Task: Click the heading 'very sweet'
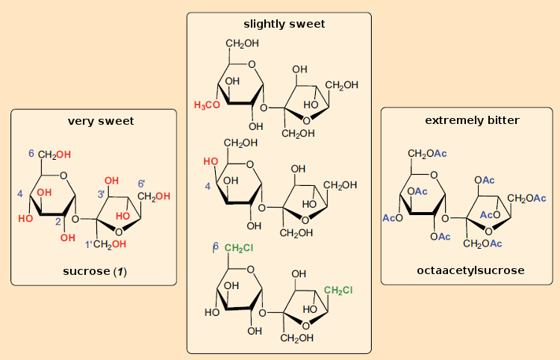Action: click(101, 121)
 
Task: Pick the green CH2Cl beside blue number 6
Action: click(240, 247)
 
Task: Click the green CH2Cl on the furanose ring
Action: click(338, 289)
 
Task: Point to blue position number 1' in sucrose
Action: click(87, 243)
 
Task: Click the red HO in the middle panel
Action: click(211, 161)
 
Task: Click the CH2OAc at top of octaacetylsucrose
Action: click(426, 153)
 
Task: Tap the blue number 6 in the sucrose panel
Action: click(31, 153)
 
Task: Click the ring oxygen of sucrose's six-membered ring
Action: click(63, 176)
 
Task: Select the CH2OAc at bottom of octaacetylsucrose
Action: click(487, 243)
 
